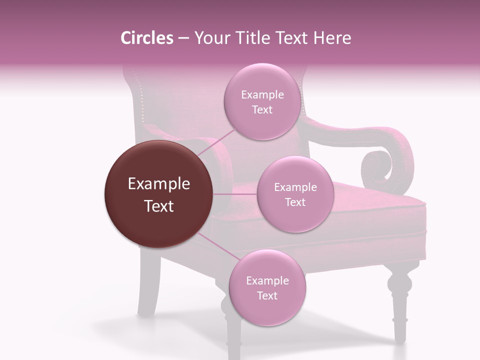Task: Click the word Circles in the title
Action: point(146,38)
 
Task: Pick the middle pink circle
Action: point(295,194)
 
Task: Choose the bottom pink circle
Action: point(267,288)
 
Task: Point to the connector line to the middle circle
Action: point(235,193)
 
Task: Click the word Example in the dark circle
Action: point(159,184)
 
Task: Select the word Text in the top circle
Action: point(262,110)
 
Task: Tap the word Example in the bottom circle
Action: point(267,280)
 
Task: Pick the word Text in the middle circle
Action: point(295,202)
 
